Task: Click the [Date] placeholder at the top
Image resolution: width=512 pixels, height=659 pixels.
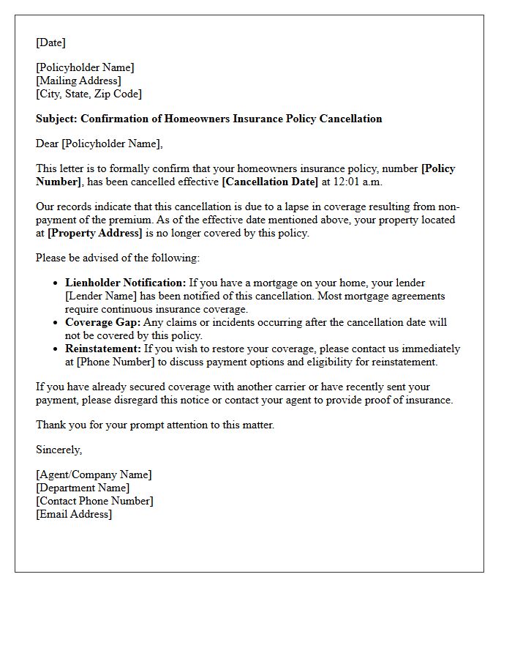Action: click(50, 42)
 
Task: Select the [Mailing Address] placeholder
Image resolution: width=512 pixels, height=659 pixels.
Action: click(78, 81)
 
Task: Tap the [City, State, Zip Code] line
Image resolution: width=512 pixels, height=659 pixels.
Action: click(89, 94)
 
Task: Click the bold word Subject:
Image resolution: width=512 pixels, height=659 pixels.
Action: click(56, 119)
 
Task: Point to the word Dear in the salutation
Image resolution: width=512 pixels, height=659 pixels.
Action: click(47, 144)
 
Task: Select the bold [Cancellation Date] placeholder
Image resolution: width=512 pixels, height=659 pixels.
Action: click(270, 182)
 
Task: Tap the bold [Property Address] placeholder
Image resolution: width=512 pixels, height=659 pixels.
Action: click(94, 233)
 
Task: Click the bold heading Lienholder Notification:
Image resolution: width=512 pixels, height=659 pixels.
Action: click(126, 283)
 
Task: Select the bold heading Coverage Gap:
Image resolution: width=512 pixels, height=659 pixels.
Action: click(102, 322)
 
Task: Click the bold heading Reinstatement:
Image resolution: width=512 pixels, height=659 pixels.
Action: click(103, 349)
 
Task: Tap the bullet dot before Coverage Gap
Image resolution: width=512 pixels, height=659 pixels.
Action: click(56, 323)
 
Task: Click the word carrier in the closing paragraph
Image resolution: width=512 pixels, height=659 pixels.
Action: click(293, 387)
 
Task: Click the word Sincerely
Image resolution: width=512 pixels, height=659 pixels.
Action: click(59, 450)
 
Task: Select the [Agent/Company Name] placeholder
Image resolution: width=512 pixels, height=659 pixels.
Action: click(94, 474)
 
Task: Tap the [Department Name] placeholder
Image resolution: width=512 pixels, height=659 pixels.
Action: click(83, 488)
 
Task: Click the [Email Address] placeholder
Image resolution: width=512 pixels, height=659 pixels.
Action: click(74, 514)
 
